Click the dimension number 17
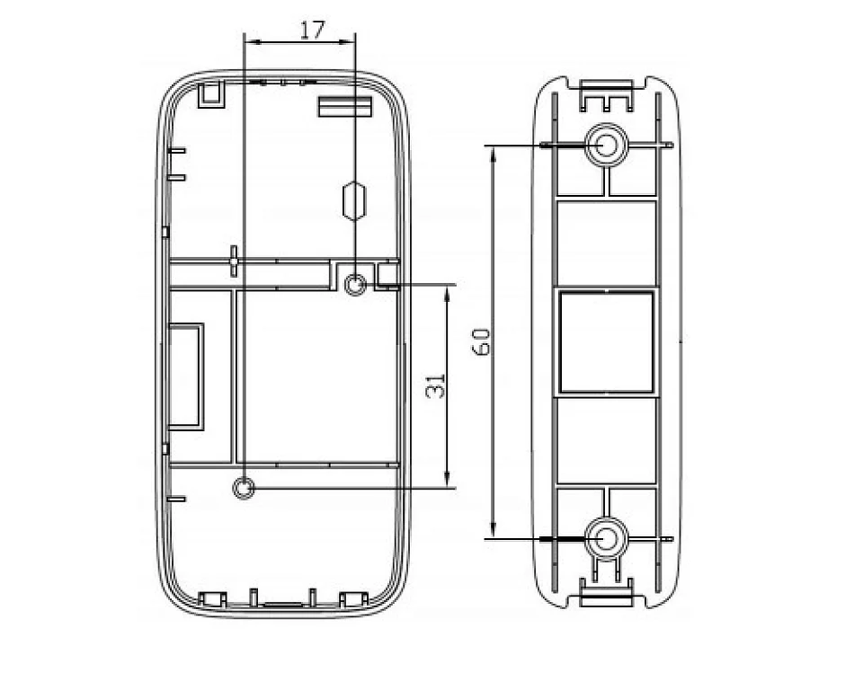[x=312, y=30]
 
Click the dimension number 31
[x=436, y=385]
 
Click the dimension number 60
[x=481, y=341]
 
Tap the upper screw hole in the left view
[x=355, y=286]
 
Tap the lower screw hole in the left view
[x=244, y=488]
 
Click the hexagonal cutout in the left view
[x=354, y=200]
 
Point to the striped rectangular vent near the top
[x=345, y=107]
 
